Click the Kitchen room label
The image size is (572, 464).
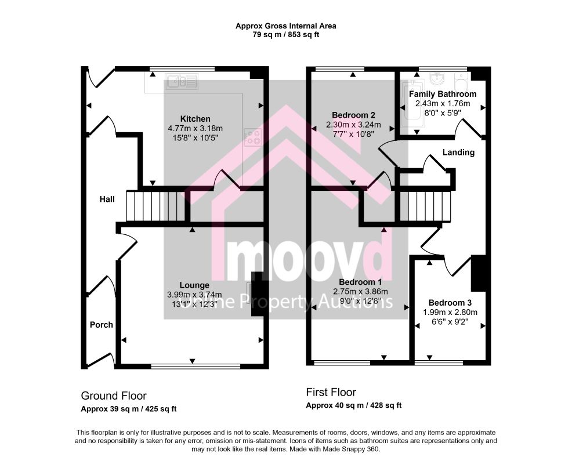(x=195, y=119)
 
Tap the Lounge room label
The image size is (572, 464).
(x=194, y=285)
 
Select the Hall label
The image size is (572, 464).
(x=107, y=199)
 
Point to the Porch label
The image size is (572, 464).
(x=102, y=325)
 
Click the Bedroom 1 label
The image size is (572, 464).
(x=360, y=282)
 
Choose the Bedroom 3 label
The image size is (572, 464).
(x=450, y=303)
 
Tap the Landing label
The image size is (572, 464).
(x=458, y=153)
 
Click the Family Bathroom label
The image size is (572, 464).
(x=443, y=94)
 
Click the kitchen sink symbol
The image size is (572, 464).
(x=182, y=81)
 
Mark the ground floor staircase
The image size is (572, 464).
(x=155, y=206)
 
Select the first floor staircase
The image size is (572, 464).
(x=425, y=206)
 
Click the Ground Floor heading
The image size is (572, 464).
(x=114, y=396)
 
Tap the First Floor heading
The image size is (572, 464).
(x=331, y=392)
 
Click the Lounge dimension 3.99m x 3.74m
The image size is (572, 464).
(x=194, y=295)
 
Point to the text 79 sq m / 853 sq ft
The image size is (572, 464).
(x=286, y=35)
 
